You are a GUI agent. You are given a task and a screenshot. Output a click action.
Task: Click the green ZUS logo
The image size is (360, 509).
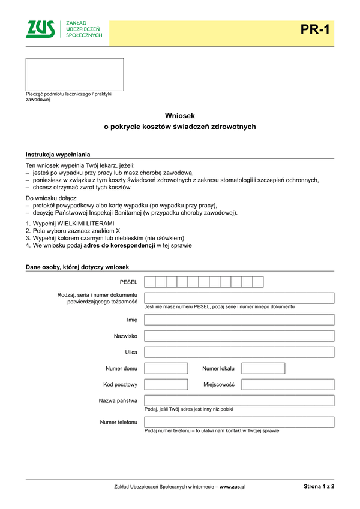click(x=40, y=29)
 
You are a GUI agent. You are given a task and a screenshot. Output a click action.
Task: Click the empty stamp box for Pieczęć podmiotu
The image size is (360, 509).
click(x=74, y=74)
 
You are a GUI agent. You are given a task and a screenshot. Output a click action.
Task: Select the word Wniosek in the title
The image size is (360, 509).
click(x=180, y=115)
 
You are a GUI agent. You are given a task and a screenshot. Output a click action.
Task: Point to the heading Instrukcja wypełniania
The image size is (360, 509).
click(x=58, y=155)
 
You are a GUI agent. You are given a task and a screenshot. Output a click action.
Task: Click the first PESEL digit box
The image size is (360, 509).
click(x=150, y=282)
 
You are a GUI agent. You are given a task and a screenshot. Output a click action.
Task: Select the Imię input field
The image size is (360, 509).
click(x=239, y=320)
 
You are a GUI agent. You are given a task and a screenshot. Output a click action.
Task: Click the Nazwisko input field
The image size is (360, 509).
click(x=239, y=336)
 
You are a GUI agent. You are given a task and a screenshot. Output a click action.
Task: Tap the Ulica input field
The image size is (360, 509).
click(x=239, y=352)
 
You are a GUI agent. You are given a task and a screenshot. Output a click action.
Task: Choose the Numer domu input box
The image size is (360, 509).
click(x=166, y=368)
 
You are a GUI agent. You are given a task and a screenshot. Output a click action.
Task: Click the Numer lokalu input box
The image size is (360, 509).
click(x=263, y=368)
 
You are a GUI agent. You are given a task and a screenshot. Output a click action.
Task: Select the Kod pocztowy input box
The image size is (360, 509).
click(x=166, y=384)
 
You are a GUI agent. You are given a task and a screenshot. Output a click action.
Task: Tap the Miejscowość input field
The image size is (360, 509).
click(x=287, y=384)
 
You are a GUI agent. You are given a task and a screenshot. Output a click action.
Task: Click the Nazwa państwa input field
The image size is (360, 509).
click(x=239, y=400)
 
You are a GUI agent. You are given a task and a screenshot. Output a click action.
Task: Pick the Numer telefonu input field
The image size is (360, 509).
click(x=239, y=422)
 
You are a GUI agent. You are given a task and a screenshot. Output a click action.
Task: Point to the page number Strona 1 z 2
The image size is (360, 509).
click(x=319, y=487)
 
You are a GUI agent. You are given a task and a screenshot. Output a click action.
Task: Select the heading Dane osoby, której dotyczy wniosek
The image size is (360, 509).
click(x=77, y=267)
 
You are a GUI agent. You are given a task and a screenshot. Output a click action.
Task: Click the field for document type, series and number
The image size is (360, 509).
click(x=239, y=298)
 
